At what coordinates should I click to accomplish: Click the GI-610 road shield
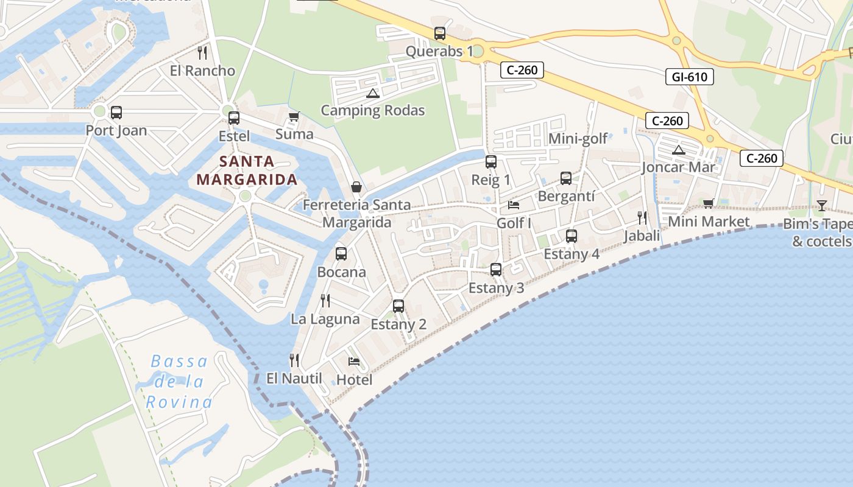[689, 77]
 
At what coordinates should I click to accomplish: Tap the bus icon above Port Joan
[116, 113]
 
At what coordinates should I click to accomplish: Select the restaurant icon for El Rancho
[202, 53]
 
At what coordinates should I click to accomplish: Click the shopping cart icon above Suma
[294, 116]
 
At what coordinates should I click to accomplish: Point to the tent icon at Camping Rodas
[372, 93]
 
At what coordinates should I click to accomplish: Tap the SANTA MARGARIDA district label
[247, 170]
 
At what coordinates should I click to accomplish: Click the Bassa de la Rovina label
[179, 382]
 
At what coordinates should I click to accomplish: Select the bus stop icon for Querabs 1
[439, 33]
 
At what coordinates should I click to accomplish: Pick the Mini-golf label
[578, 139]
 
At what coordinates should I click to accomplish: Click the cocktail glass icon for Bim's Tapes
[821, 206]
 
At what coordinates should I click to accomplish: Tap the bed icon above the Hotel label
[354, 362]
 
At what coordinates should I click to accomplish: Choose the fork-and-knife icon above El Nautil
[294, 360]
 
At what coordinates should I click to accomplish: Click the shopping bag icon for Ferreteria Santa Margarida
[356, 187]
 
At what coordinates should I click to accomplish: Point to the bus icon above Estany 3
[496, 269]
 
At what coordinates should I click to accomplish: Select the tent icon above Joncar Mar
[678, 150]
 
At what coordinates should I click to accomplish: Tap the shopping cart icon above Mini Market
[708, 203]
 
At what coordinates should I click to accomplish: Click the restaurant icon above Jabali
[642, 217]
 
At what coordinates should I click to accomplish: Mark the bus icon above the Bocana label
[341, 254]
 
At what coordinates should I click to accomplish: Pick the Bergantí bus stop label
[566, 196]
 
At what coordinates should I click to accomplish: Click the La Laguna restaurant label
[325, 319]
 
